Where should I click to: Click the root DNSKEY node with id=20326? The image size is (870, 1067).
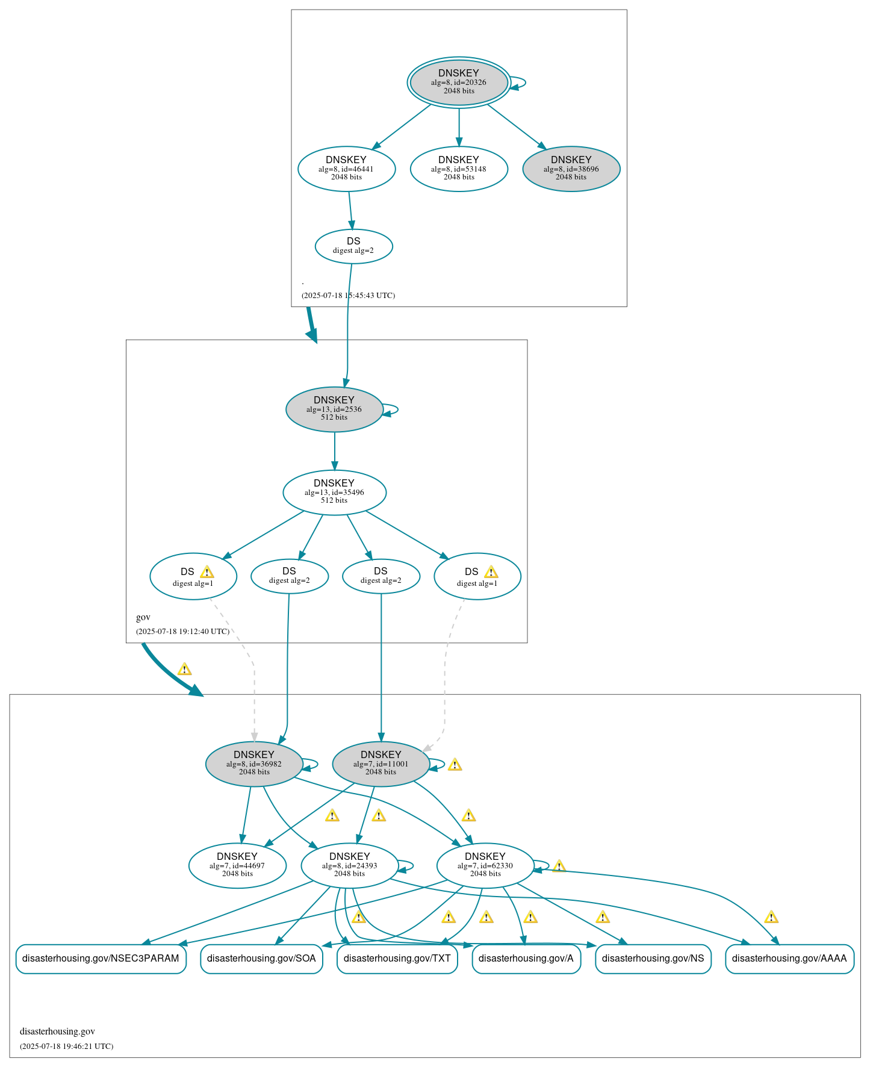459,82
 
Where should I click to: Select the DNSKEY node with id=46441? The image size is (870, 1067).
346,169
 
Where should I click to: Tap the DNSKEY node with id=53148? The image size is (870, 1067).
459,169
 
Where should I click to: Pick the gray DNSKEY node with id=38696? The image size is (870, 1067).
571,169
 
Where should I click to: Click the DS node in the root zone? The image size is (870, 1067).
353,246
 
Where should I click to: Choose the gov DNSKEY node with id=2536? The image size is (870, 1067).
334,409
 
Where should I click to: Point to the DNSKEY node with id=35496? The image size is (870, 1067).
334,492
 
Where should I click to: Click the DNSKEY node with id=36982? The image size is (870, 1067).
254,764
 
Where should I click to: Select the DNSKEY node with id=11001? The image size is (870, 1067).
381,764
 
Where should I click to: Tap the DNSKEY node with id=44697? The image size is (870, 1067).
237,865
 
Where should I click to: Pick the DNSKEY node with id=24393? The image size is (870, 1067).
349,865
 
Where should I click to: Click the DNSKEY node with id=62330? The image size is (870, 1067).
485,865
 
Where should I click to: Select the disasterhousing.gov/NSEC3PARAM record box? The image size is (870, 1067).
101,958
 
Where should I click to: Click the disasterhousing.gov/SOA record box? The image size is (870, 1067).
261,958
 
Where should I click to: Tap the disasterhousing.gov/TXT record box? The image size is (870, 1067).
397,958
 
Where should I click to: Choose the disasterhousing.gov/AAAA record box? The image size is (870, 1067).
789,958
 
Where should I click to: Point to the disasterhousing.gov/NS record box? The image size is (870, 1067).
653,958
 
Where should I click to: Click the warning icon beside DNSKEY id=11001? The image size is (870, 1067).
455,765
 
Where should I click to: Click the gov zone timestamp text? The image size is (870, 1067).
182,632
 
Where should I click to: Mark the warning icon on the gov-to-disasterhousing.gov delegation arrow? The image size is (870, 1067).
184,669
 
